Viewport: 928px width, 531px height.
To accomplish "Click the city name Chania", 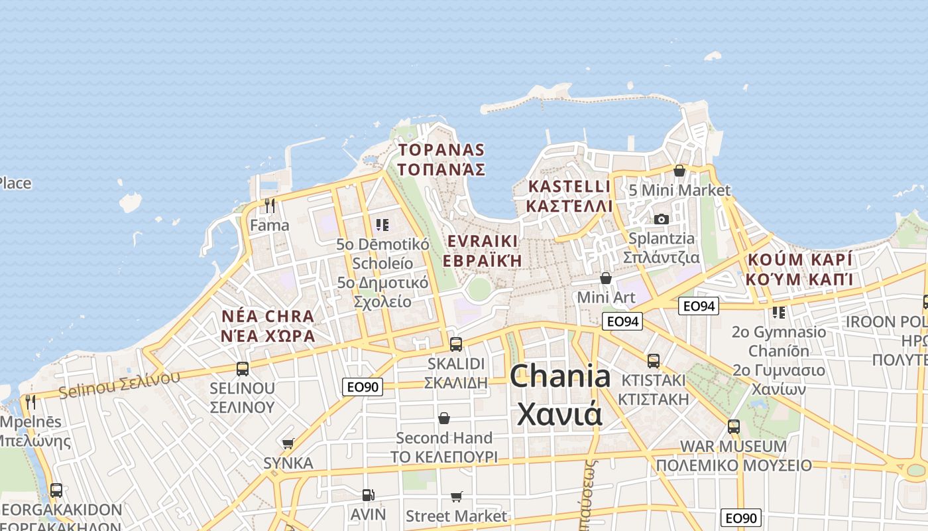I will click(561, 376).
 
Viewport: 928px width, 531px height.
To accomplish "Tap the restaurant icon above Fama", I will click(269, 206).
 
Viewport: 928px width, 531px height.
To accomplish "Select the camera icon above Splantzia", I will click(661, 219).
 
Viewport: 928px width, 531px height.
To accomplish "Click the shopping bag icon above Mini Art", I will click(605, 278).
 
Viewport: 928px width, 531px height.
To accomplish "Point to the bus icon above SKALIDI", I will click(455, 344).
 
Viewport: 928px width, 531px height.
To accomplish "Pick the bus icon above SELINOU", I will click(243, 368).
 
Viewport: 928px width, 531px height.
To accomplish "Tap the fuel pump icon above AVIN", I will click(368, 494).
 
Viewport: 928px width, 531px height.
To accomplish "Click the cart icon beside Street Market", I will click(456, 496).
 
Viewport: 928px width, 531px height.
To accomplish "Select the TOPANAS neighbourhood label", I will click(441, 150).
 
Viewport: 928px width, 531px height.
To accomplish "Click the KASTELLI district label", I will click(568, 186).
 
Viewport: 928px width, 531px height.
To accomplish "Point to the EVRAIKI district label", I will click(482, 241).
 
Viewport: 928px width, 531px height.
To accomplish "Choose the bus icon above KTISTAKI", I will click(654, 360).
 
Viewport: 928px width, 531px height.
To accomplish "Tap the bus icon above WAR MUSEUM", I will click(734, 426).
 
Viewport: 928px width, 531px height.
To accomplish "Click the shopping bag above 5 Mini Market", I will click(679, 171).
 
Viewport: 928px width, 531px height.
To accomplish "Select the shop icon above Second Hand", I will click(444, 418).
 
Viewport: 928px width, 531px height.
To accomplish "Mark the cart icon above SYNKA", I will click(288, 443).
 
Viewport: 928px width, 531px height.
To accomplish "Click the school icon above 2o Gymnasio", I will click(778, 312).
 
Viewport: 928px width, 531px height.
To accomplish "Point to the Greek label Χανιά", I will click(559, 414).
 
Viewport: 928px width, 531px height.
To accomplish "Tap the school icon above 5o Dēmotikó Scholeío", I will click(382, 225).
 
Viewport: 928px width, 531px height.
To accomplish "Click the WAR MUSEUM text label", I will click(733, 446).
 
